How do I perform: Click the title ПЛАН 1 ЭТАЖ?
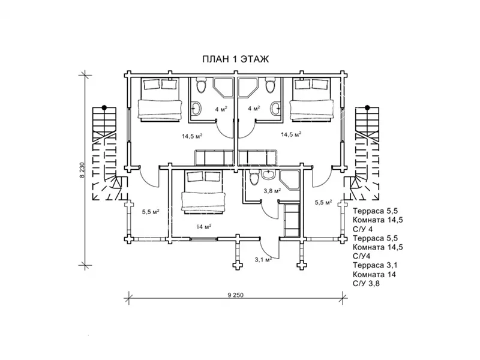[x=235, y=59]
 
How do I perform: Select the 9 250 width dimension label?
[x=235, y=295]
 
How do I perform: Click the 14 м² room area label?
[x=204, y=227]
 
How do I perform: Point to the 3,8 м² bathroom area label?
[x=272, y=191]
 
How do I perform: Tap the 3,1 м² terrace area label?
[x=263, y=260]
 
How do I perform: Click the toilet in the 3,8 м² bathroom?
[x=254, y=178]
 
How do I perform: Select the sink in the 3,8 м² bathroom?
[x=269, y=174]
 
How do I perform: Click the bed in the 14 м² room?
[x=203, y=191]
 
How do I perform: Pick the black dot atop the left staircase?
[x=104, y=107]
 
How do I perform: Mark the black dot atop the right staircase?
[x=367, y=107]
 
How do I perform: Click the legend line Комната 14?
[x=374, y=275]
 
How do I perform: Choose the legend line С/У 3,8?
[x=366, y=283]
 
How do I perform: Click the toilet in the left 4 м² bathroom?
[x=201, y=85]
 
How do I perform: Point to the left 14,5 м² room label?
[x=192, y=136]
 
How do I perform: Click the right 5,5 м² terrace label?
[x=323, y=202]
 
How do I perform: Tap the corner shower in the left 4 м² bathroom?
[x=223, y=88]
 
